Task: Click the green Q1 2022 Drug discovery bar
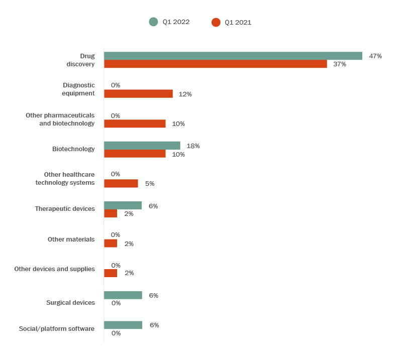(233, 56)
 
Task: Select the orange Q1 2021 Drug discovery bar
(215, 64)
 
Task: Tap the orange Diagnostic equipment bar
(138, 94)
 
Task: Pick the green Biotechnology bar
(142, 146)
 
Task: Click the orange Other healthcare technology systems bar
(121, 183)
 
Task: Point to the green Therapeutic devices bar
(123, 205)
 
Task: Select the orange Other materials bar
(111, 244)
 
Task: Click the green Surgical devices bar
(123, 295)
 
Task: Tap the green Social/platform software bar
(123, 325)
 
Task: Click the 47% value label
(375, 56)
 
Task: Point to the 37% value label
(340, 64)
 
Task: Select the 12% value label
(185, 94)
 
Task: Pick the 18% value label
(193, 146)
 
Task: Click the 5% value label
(150, 183)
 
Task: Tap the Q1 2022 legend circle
(153, 22)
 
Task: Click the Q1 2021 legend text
(238, 22)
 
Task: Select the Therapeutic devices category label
(65, 208)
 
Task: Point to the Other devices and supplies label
(54, 269)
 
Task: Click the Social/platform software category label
(57, 328)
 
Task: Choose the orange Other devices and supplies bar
(111, 273)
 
